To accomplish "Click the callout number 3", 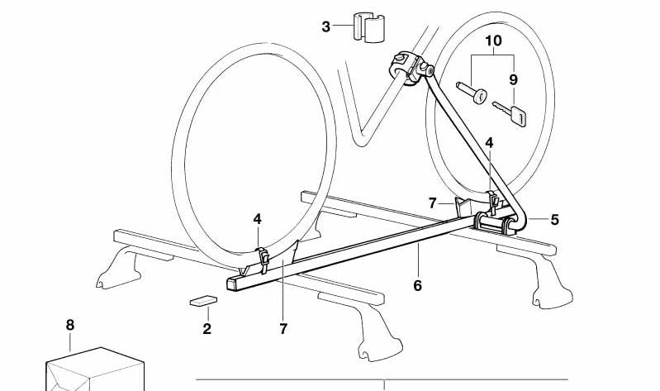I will tap(326, 27).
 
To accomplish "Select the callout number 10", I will tap(493, 41).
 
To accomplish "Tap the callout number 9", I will tap(513, 80).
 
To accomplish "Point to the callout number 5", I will tap(554, 219).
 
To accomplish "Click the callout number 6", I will tap(418, 286).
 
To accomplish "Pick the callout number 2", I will tap(207, 329).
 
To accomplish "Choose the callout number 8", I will tap(69, 325).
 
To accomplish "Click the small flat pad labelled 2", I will tap(201, 302).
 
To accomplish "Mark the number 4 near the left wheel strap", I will tap(258, 219).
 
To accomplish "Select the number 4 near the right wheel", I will tap(489, 143).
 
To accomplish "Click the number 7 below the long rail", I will tap(283, 329).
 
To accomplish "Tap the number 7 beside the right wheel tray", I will tap(431, 203).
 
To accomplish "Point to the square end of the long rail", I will tap(234, 285).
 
